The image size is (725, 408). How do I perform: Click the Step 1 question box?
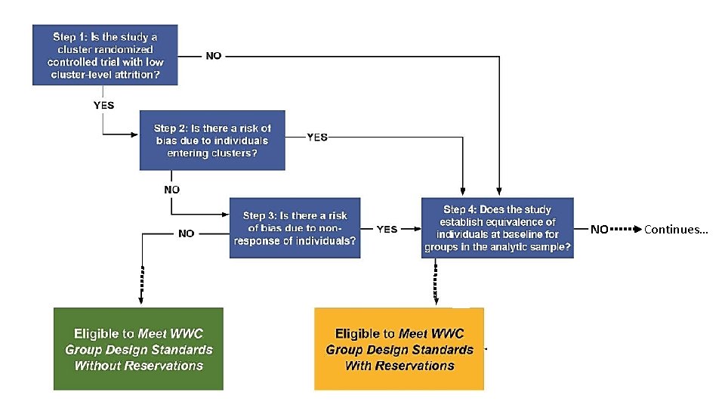(x=106, y=55)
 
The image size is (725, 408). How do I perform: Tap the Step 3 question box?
(x=295, y=228)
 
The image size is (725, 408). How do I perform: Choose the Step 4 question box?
(x=498, y=228)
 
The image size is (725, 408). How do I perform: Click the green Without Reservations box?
(x=139, y=348)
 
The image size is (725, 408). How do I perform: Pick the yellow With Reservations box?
(x=399, y=348)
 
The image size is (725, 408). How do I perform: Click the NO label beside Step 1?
(x=214, y=56)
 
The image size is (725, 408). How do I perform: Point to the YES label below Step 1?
(x=103, y=105)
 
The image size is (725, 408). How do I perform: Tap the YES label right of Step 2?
(x=318, y=138)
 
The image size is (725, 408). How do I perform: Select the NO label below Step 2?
(x=171, y=190)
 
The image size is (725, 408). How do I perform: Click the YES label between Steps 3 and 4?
(x=386, y=229)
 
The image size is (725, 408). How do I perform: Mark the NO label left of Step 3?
(x=187, y=233)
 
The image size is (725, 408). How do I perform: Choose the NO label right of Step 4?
(x=599, y=229)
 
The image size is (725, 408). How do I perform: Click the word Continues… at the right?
(x=676, y=229)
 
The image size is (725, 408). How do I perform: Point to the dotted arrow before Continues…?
(x=626, y=228)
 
